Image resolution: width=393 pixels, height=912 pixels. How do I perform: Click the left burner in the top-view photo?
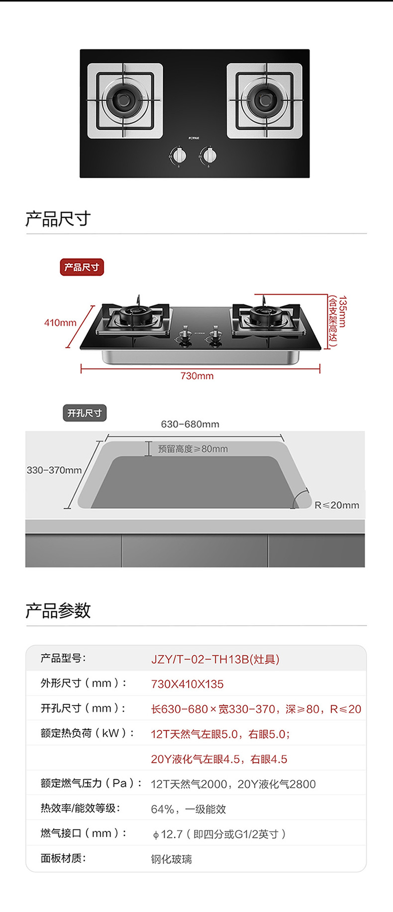pyautogui.click(x=125, y=101)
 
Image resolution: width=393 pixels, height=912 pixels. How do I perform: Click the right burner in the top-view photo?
pyautogui.click(x=264, y=101)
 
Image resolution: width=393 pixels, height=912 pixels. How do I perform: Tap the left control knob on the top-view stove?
pyautogui.click(x=180, y=156)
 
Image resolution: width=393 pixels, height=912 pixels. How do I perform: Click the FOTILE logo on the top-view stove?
pyautogui.click(x=194, y=138)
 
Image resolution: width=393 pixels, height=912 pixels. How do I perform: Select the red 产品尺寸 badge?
pyautogui.click(x=82, y=267)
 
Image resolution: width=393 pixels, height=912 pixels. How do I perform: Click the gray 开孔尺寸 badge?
pyautogui.click(x=85, y=413)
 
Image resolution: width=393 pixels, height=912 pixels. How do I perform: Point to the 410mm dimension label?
pyautogui.click(x=60, y=323)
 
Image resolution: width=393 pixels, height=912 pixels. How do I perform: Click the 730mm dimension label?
pyautogui.click(x=197, y=376)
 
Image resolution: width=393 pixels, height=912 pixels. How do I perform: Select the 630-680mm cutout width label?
pyautogui.click(x=190, y=424)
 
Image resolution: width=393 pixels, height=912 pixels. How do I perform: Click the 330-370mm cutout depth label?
pyautogui.click(x=54, y=470)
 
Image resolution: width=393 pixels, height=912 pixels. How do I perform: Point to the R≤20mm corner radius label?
pyautogui.click(x=337, y=505)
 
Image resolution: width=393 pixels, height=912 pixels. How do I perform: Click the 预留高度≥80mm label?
pyautogui.click(x=193, y=449)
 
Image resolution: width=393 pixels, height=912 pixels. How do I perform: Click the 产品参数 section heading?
pyautogui.click(x=58, y=610)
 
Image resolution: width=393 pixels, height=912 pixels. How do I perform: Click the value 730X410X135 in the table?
pyautogui.click(x=187, y=684)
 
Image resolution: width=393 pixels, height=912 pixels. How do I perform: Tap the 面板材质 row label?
pyautogui.click(x=63, y=858)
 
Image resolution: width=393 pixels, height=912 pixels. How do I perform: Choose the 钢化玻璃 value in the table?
pyautogui.click(x=171, y=859)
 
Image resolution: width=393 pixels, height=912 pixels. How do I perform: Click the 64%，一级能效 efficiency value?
pyautogui.click(x=188, y=809)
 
